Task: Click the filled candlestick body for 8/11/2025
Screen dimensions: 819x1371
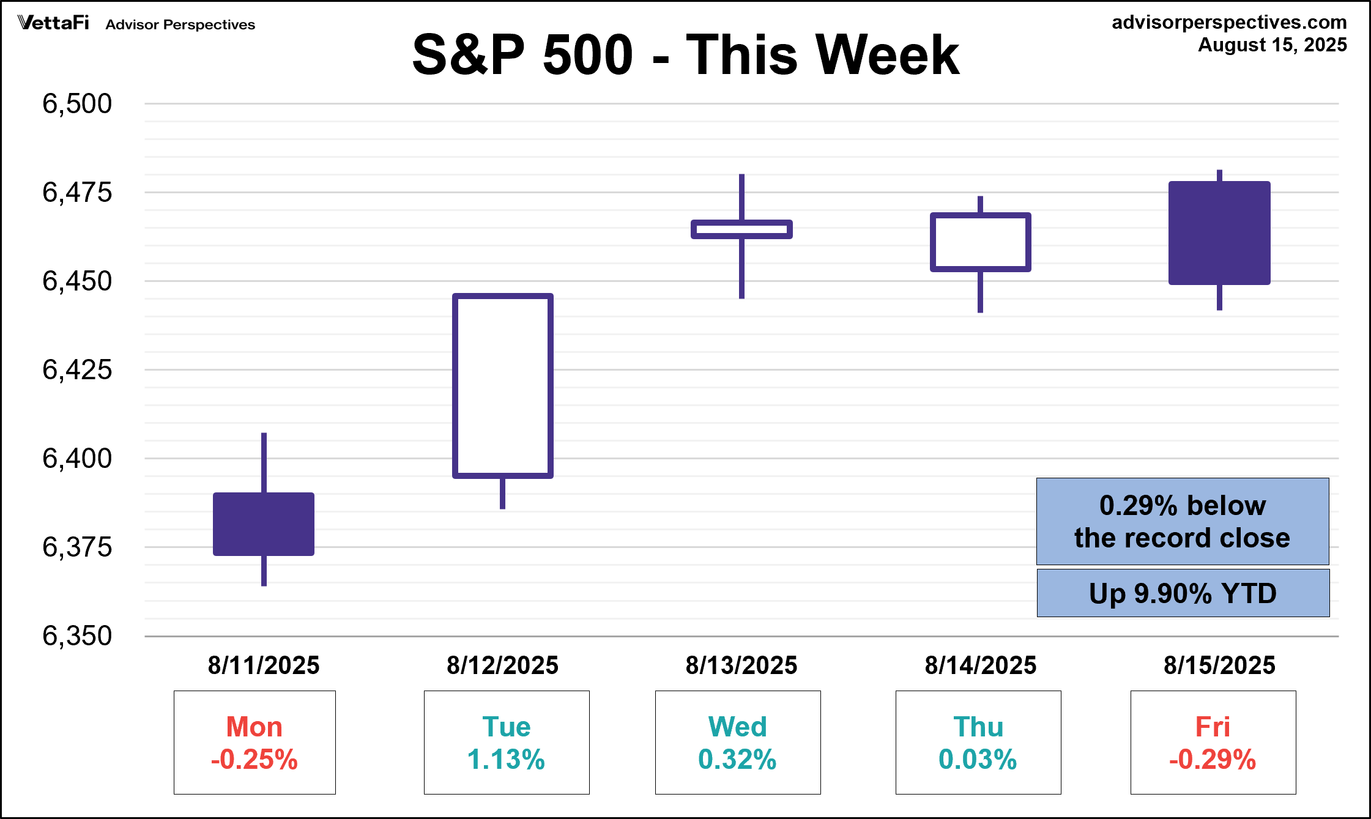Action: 264,524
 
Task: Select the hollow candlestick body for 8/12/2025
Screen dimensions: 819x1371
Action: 503,385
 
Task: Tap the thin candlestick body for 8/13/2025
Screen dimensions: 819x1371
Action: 741,229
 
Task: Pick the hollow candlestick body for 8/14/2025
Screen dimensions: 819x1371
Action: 981,242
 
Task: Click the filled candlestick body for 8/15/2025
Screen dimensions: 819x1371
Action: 1219,233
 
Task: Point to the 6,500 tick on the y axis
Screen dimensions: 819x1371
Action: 77,104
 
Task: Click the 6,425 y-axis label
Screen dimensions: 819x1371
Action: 77,370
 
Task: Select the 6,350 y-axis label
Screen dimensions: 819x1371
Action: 77,636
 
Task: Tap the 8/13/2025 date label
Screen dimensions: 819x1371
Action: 741,665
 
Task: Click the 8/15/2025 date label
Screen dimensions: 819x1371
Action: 1219,665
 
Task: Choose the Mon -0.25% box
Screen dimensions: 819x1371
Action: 255,743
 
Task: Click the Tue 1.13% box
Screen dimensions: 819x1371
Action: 507,743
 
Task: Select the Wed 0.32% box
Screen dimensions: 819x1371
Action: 738,743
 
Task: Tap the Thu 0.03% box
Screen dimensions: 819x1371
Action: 978,743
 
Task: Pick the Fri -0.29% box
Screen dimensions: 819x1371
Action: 1213,743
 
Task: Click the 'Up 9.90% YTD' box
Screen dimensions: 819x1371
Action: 1183,593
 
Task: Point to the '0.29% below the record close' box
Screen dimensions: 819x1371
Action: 1183,521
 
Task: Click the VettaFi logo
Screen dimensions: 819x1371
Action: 53,23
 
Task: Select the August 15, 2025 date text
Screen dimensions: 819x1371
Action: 1273,45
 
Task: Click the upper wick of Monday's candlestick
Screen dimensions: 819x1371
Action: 264,462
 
